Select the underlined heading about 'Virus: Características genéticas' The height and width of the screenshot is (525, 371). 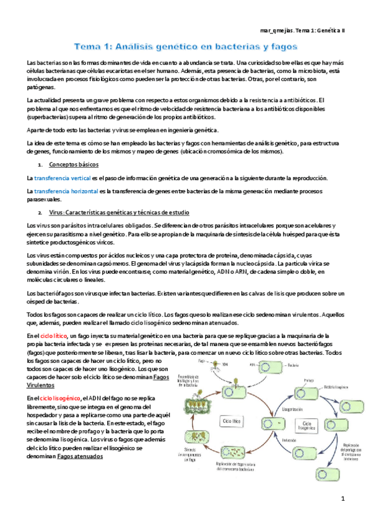pyautogui.click(x=102, y=212)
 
